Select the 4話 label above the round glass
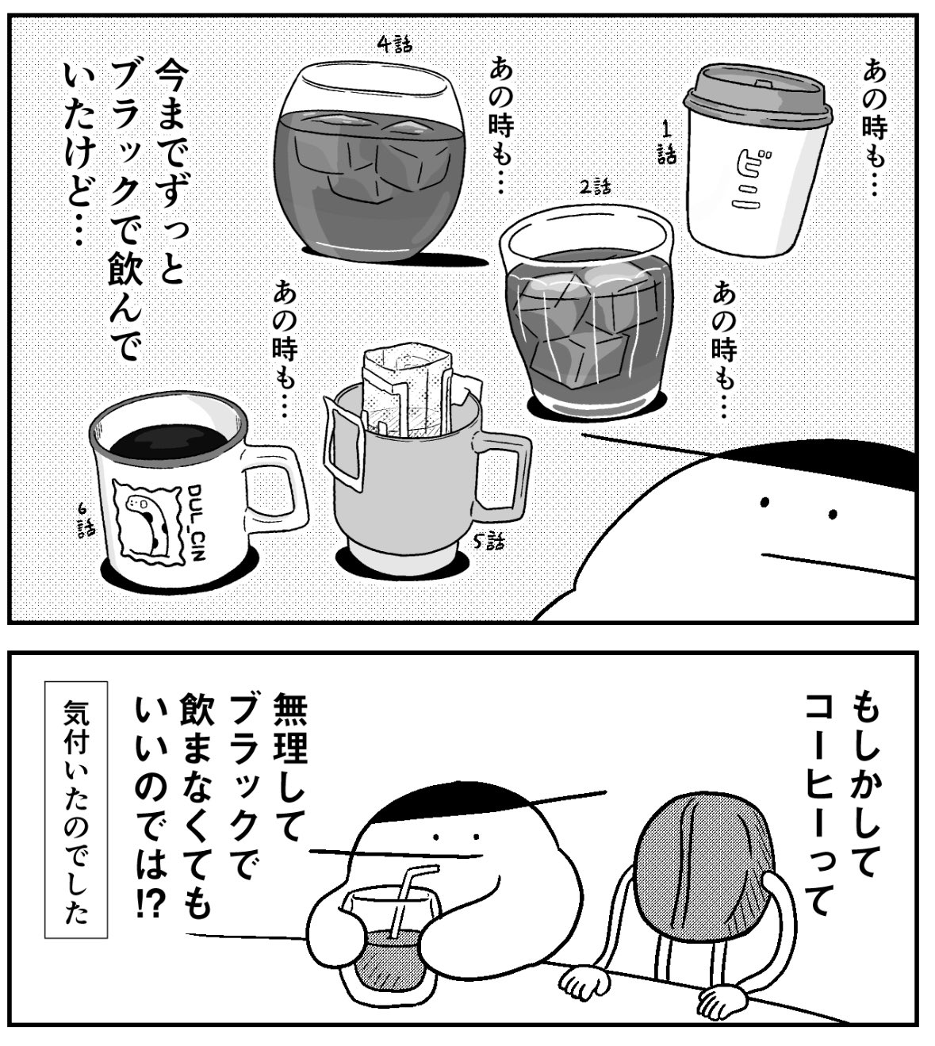tap(395, 45)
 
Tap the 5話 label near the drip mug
tap(489, 542)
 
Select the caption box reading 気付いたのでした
tap(76, 809)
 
